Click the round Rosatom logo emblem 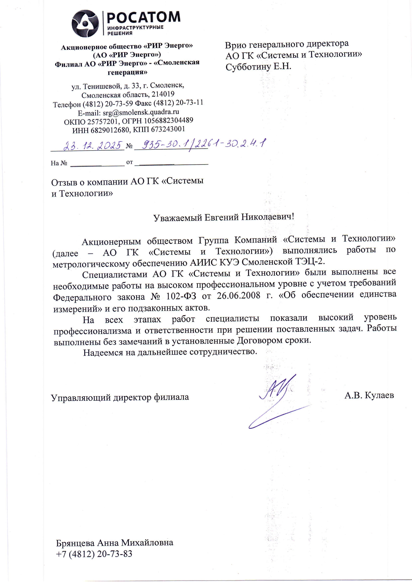[85, 24]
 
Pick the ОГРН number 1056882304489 [168, 121]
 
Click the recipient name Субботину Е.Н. [258, 67]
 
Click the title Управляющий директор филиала [120, 397]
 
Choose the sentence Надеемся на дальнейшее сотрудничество [170, 352]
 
